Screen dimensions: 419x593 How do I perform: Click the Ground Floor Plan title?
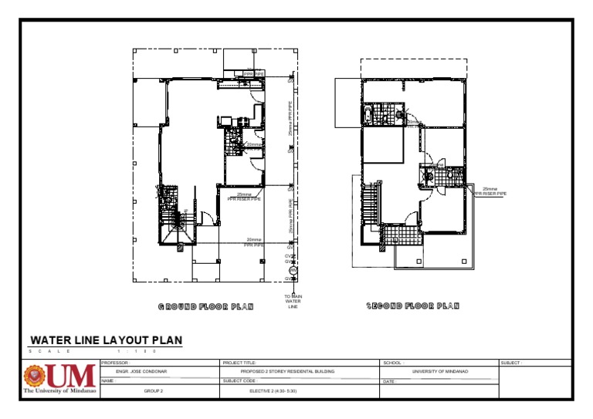pyautogui.click(x=206, y=306)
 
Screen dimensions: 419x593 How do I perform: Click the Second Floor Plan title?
pyautogui.click(x=412, y=306)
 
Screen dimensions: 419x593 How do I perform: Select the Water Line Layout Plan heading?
pyautogui.click(x=106, y=340)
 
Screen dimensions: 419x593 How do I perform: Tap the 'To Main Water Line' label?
pyautogui.click(x=293, y=301)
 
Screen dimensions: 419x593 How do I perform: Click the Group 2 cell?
pyautogui.click(x=155, y=391)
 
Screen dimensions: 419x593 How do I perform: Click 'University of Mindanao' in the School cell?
pyautogui.click(x=441, y=371)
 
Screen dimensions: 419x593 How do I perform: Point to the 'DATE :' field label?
pyautogui.click(x=390, y=381)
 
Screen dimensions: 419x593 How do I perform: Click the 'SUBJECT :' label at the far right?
pyautogui.click(x=511, y=362)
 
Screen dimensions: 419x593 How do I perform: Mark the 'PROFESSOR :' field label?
pyautogui.click(x=116, y=362)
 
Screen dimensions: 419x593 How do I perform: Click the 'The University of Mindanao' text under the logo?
pyautogui.click(x=60, y=391)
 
